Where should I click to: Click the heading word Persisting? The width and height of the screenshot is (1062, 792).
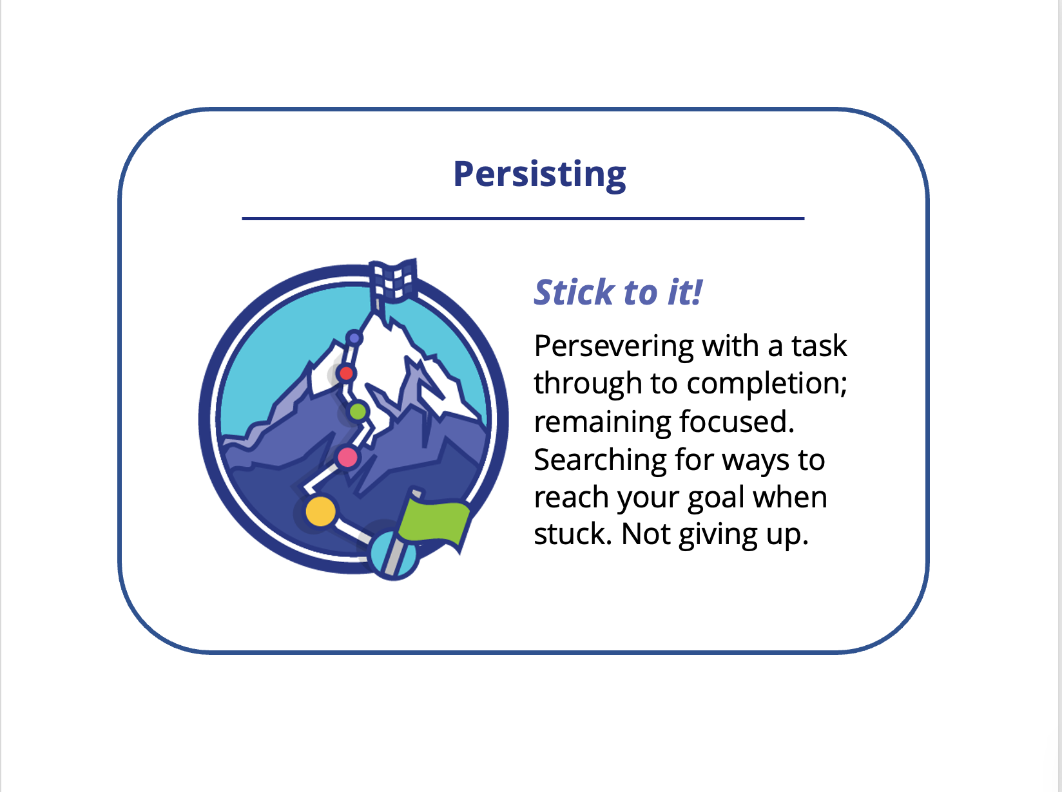pos(539,174)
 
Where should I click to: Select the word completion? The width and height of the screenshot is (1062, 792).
pos(767,384)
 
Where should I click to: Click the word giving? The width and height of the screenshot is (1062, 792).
pos(718,536)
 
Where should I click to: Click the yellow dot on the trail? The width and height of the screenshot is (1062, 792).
pos(320,511)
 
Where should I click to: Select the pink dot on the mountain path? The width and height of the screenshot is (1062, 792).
pos(347,457)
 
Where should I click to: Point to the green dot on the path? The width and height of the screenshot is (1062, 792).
pos(358,411)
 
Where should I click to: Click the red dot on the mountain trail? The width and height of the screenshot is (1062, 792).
pos(346,373)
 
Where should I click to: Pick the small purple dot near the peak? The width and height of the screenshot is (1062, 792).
pos(354,338)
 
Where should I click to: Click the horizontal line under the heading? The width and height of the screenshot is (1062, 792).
pos(523,219)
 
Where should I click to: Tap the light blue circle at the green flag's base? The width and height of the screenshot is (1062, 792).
pos(393,556)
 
